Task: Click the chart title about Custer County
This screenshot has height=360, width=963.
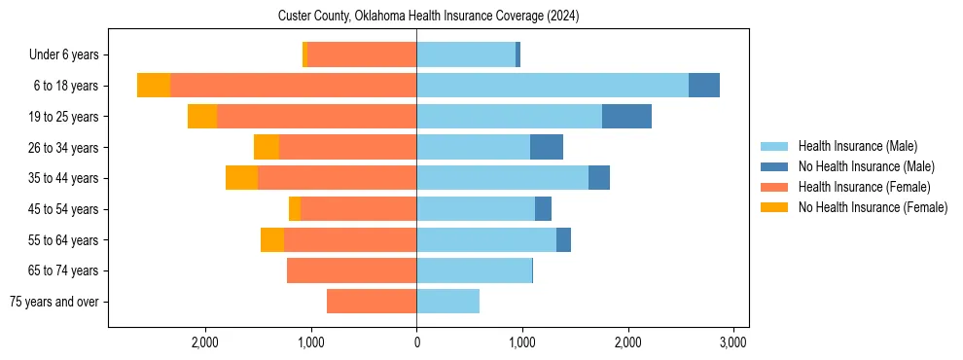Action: pos(428,17)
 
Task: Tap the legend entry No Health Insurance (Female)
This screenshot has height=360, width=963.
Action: pos(873,207)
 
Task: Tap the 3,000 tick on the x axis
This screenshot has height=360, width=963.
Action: pos(732,342)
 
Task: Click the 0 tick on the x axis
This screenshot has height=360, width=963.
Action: pos(416,342)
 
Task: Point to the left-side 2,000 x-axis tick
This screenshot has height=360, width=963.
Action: pos(205,342)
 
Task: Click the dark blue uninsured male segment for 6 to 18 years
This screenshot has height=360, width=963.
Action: pos(704,86)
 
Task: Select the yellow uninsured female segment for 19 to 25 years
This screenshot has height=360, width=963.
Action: pos(202,117)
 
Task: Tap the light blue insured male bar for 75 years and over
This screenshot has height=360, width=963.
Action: pos(447,302)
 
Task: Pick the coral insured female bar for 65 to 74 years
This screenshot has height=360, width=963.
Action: pos(351,270)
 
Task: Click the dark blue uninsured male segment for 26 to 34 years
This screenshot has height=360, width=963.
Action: pos(547,148)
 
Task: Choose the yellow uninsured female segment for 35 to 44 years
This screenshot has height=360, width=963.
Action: pos(241,178)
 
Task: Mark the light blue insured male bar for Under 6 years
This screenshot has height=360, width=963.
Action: pos(466,55)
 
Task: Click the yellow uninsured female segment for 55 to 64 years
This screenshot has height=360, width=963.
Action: pos(272,240)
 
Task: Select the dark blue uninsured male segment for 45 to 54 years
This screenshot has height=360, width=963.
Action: pos(543,209)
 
